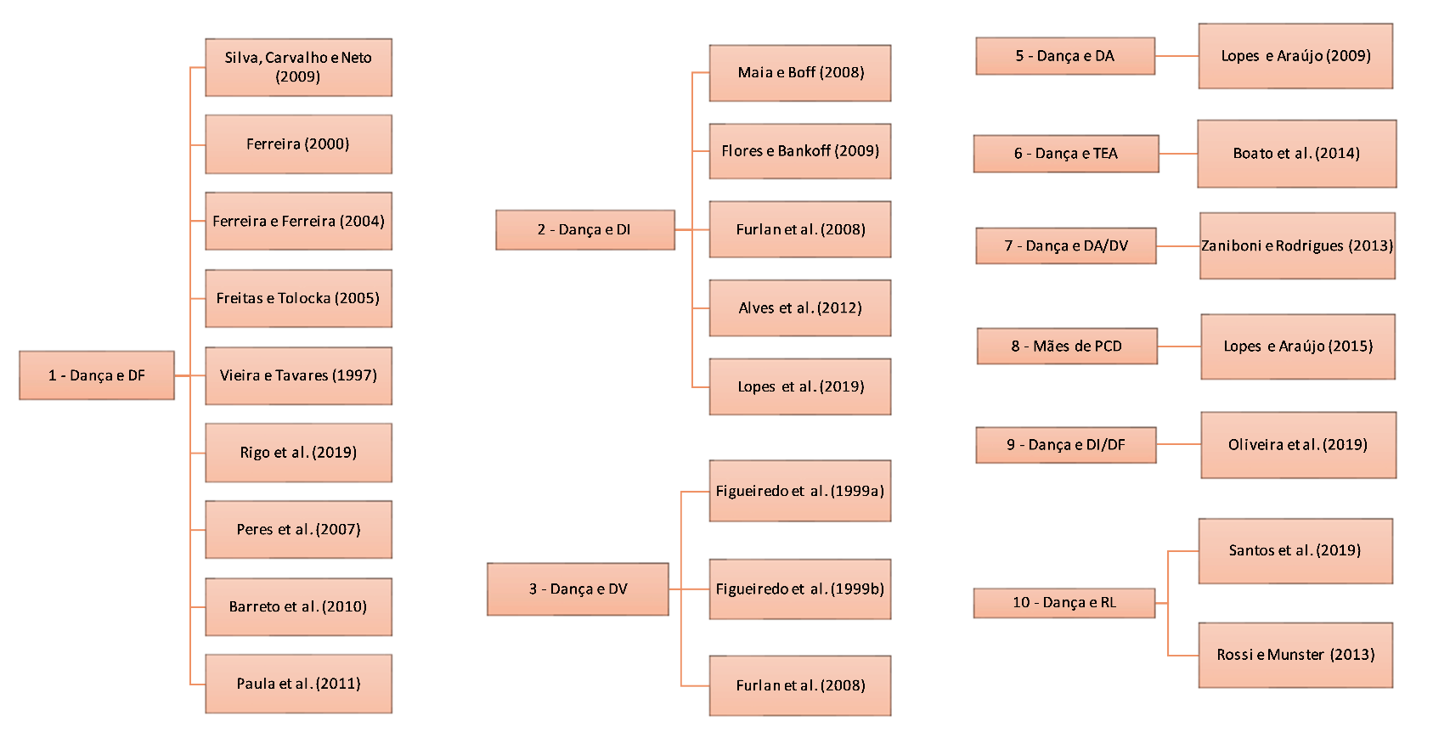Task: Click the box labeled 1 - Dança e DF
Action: (x=97, y=375)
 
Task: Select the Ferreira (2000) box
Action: (x=298, y=144)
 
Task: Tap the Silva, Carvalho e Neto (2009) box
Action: (x=298, y=67)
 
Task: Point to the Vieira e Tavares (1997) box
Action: (x=298, y=375)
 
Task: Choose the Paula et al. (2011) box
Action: (x=298, y=684)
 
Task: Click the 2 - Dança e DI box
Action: (x=584, y=229)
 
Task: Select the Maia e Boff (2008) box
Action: (x=800, y=73)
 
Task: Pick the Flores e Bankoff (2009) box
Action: (x=800, y=151)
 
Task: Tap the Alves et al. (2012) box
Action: (x=800, y=308)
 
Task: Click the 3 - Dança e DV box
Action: (x=578, y=589)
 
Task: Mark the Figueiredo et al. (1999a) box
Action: (x=800, y=491)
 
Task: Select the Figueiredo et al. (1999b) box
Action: (x=800, y=589)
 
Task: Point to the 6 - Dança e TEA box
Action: (x=1066, y=154)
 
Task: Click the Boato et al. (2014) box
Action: (x=1296, y=154)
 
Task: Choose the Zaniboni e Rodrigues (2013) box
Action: (x=1297, y=246)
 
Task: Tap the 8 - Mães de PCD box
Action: (x=1067, y=346)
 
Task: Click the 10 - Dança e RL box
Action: (x=1064, y=603)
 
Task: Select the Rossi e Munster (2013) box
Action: (x=1295, y=655)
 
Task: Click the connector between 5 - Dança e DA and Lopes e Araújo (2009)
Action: (x=1176, y=56)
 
